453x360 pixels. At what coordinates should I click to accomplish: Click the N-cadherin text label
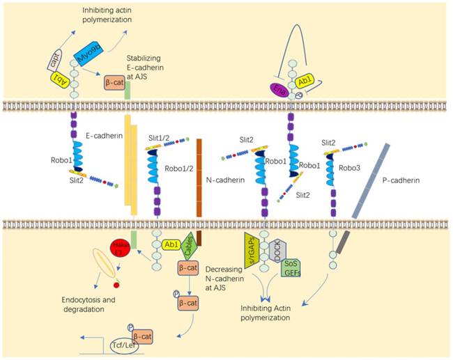tap(227, 180)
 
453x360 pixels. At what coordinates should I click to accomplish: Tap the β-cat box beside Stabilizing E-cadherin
tap(116, 84)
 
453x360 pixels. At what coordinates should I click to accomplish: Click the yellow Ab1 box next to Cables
tap(170, 245)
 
